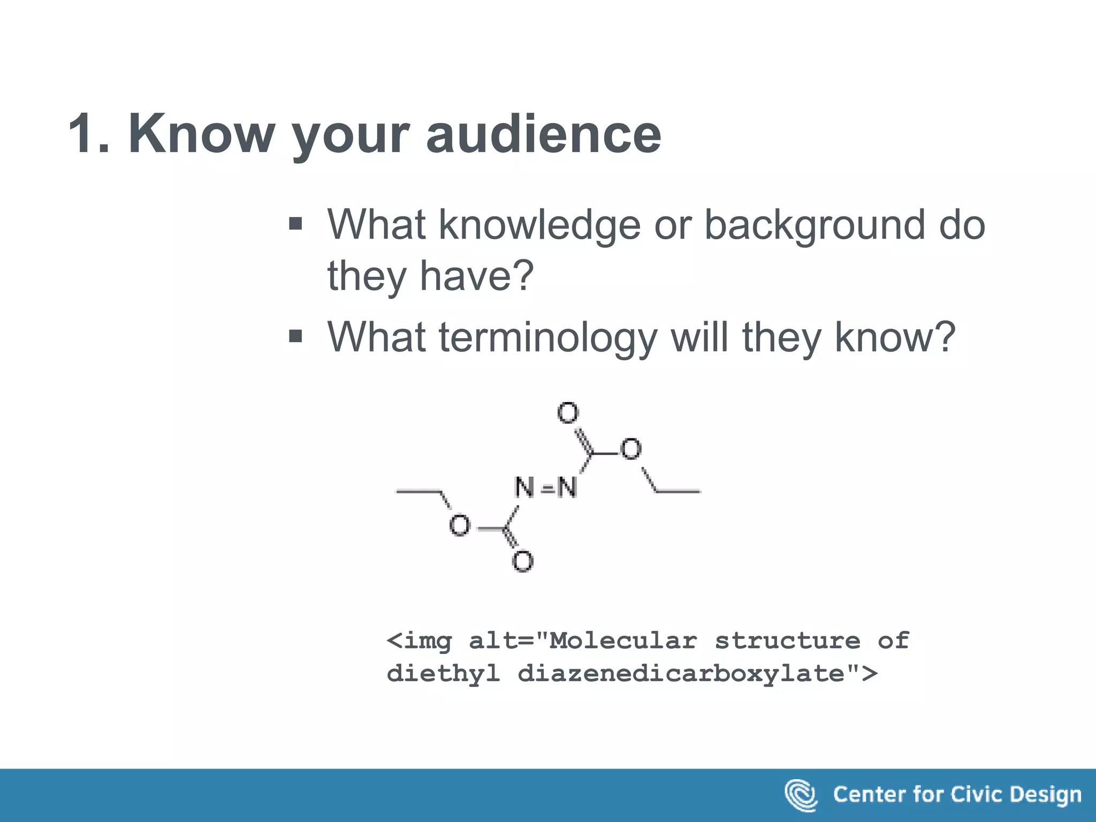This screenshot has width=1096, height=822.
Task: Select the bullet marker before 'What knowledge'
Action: pos(295,223)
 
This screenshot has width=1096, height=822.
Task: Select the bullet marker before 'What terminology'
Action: pos(295,336)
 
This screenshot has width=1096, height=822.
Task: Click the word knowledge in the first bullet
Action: pos(539,225)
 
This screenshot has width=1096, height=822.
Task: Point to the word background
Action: pos(814,225)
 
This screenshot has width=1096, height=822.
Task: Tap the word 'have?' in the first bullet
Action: pos(476,276)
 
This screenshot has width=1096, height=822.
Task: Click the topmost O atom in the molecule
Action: pos(568,413)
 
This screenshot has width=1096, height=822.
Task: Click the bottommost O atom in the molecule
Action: pos(522,561)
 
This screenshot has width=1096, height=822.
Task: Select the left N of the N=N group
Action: pos(524,488)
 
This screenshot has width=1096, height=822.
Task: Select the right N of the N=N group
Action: pos(567,488)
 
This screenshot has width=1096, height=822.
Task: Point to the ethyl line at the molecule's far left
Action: pos(417,491)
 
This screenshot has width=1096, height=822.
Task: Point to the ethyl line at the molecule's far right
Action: pos(678,491)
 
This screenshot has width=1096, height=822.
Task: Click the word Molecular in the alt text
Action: pos(623,641)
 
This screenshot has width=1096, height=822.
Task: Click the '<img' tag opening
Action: pos(419,641)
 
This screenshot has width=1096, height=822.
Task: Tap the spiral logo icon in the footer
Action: pos(801,795)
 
